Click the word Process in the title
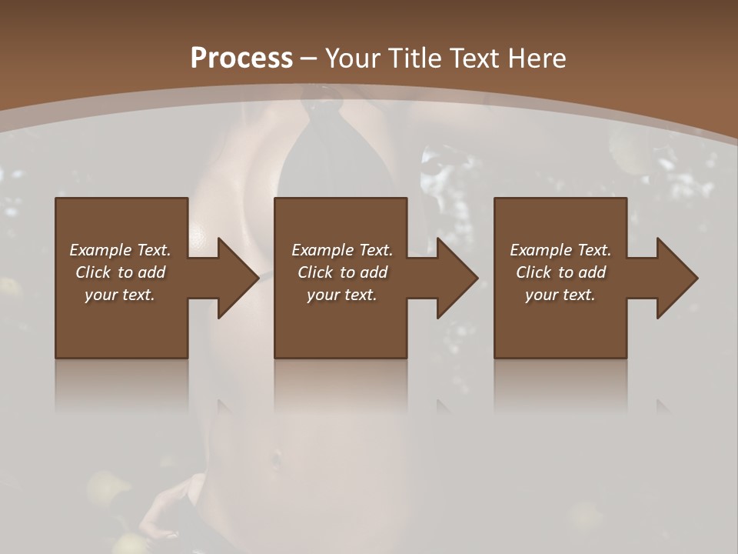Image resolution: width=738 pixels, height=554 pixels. point(241,58)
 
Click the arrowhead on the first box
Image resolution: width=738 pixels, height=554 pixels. point(238,278)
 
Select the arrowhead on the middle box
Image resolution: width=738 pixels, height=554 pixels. point(457,278)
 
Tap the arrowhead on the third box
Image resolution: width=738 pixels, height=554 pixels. point(676,278)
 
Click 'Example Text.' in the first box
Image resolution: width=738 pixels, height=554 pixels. point(120,250)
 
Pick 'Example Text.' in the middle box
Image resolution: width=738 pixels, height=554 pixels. point(342,250)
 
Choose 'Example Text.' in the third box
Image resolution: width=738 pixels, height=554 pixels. point(560,250)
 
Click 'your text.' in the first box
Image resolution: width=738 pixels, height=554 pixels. point(120,295)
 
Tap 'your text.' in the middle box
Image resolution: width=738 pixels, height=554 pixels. point(342,295)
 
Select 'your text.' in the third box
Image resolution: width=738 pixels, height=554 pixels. point(560,295)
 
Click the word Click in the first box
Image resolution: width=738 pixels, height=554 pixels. point(93,272)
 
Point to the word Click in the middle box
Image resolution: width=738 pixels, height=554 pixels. point(315,272)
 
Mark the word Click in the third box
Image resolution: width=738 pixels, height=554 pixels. point(534,272)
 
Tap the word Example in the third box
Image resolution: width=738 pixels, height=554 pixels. point(541,250)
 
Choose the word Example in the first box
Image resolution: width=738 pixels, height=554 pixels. point(101,250)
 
